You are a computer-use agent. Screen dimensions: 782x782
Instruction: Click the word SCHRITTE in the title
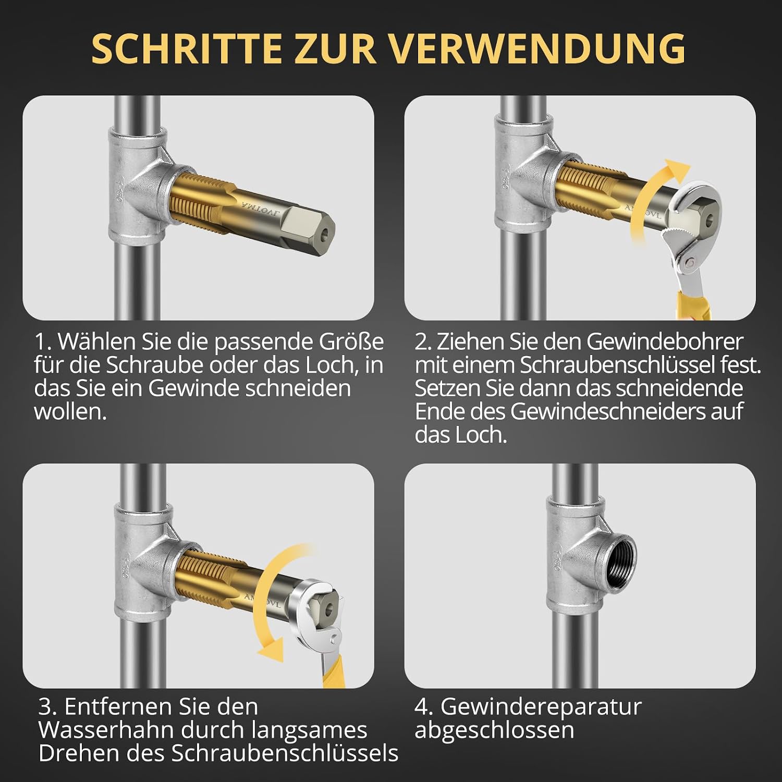point(186,48)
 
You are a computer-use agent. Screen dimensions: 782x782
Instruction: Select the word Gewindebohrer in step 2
point(665,342)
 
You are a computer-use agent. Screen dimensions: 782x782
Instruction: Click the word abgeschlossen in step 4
point(494,730)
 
